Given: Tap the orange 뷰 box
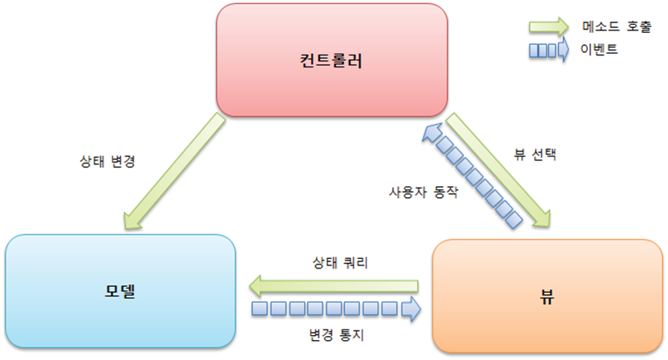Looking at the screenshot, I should tap(548, 321).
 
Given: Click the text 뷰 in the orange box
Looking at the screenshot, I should tap(548, 294).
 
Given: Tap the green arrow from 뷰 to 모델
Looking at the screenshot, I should tap(334, 284).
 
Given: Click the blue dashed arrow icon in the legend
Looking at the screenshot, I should tap(549, 51).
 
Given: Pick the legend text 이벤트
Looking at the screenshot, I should tap(597, 50).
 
